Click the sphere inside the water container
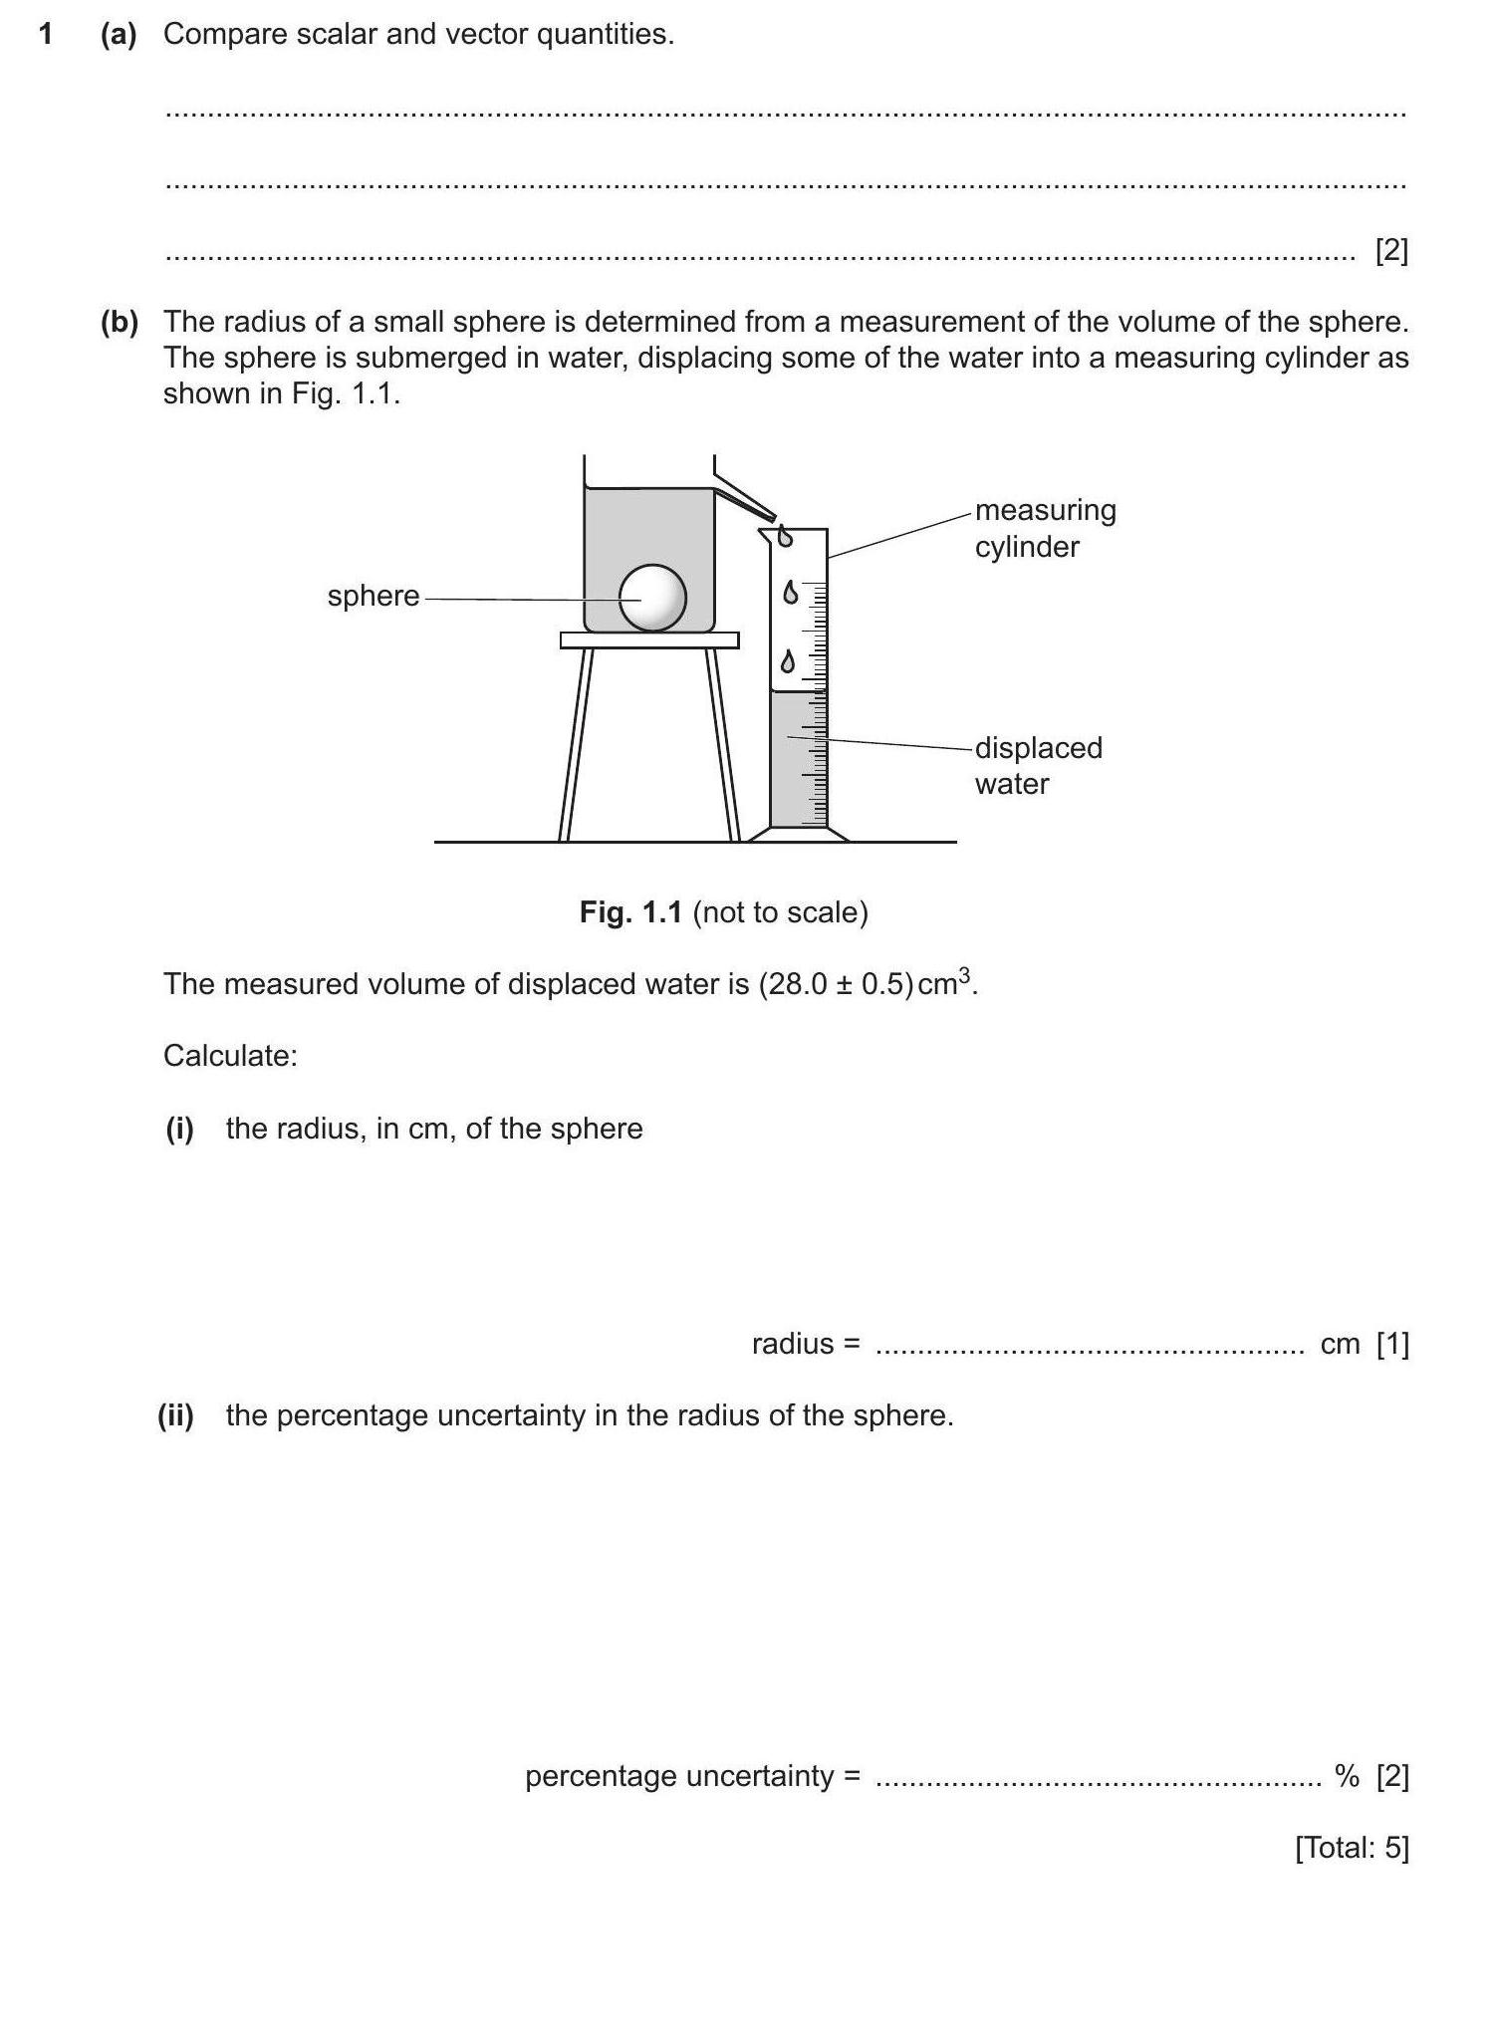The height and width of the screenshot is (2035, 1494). [x=653, y=598]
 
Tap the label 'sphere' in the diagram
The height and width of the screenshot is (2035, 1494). [x=373, y=596]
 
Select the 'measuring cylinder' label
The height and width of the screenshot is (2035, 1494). [x=1045, y=528]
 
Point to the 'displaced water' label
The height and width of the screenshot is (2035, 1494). [x=1038, y=765]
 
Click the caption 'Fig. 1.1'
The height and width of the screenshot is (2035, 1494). [x=630, y=912]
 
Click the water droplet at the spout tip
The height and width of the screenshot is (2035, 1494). [x=785, y=536]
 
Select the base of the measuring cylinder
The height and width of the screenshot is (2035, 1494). [x=799, y=835]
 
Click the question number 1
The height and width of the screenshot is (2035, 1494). [x=46, y=35]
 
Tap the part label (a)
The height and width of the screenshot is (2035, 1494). [x=119, y=35]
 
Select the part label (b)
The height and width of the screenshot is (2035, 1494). [x=119, y=322]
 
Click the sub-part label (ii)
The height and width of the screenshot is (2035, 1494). [x=175, y=1415]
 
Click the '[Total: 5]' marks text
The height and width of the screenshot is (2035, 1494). [x=1352, y=1848]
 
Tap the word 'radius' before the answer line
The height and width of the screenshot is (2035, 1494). [x=793, y=1344]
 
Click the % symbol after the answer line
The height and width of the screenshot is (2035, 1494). [x=1348, y=1776]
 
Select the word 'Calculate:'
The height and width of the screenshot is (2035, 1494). [x=230, y=1056]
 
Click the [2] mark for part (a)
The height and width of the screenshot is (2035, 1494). [x=1391, y=250]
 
